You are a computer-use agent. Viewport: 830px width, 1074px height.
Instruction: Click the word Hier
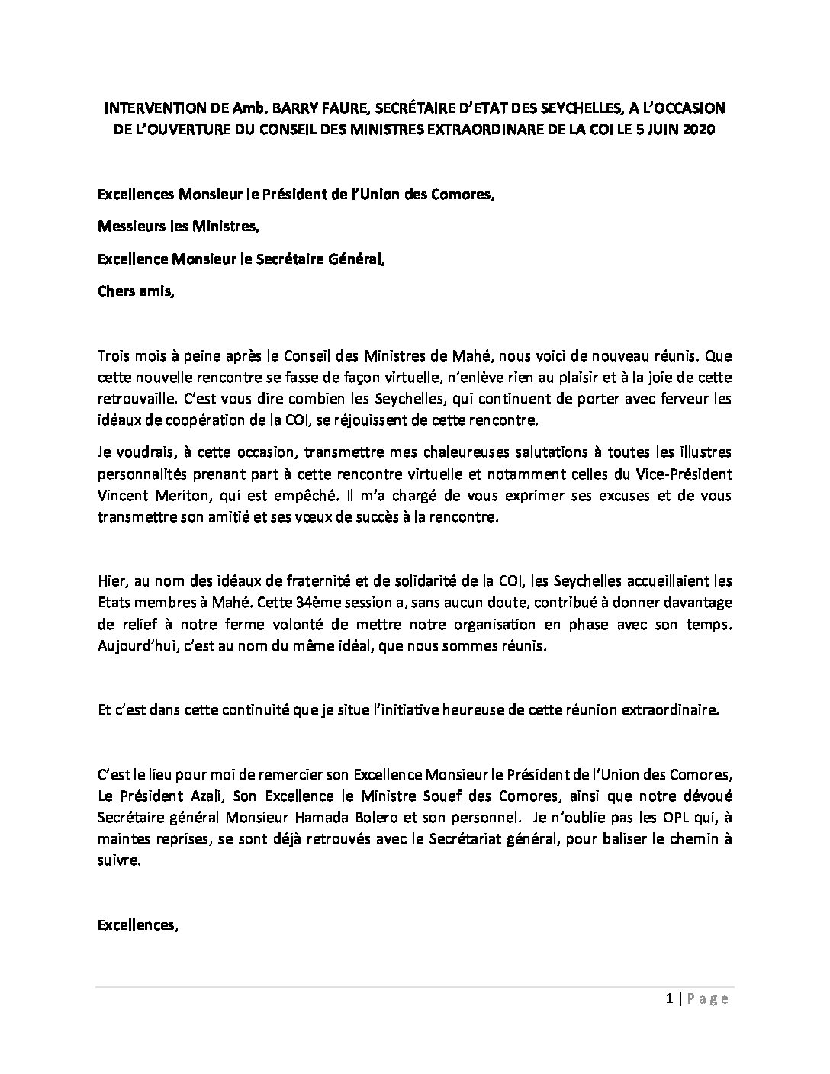(x=112, y=580)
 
